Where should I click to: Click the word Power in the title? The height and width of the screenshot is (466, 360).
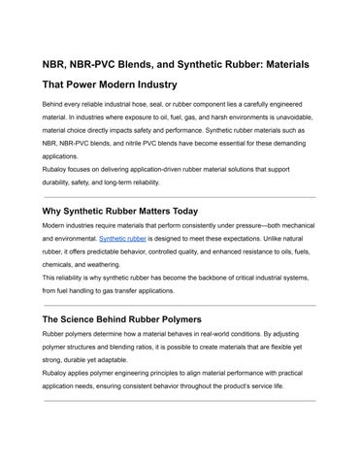tap(83, 84)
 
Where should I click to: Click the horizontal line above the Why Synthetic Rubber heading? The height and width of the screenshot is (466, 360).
tap(180, 195)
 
